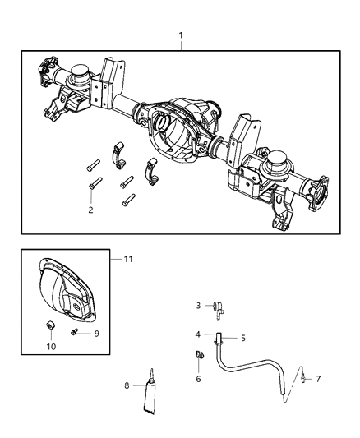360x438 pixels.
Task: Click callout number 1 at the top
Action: pos(180,35)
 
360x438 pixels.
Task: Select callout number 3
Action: pos(197,305)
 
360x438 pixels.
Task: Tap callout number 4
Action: pos(197,334)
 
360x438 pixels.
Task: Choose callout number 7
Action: pos(318,379)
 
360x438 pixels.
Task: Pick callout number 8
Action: pos(126,385)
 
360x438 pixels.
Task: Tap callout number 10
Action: pos(50,346)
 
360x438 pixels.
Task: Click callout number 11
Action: pos(128,260)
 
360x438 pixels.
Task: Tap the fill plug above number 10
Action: pos(50,330)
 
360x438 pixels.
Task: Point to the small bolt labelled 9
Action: pos(76,332)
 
